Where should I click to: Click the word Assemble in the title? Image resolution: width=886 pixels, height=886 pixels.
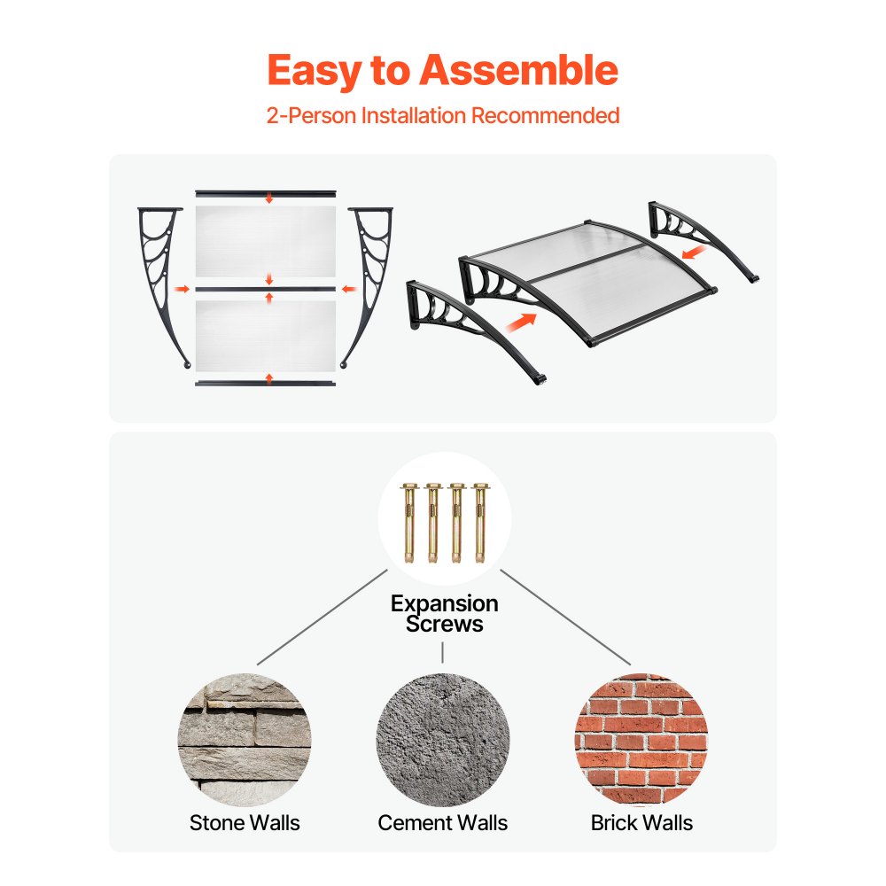click(518, 71)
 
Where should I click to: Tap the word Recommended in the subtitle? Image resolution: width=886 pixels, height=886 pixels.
click(545, 115)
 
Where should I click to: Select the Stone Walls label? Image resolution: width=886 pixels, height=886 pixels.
click(245, 823)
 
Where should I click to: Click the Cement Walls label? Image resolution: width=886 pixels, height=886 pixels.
click(442, 823)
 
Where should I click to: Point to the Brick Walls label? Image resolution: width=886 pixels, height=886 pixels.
click(641, 823)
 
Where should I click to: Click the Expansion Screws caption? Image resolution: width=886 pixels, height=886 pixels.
click(444, 614)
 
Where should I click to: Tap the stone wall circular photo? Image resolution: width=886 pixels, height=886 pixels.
click(245, 740)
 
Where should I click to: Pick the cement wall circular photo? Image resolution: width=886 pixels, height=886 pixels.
click(443, 740)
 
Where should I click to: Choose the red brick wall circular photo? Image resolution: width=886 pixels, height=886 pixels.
click(641, 740)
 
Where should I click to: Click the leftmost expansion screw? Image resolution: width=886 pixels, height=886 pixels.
click(409, 523)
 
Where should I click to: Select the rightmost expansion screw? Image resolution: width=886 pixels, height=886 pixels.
click(480, 523)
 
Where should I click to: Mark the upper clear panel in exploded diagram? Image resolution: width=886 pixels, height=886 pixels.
click(266, 241)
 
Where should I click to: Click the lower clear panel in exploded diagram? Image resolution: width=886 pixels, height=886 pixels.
click(266, 336)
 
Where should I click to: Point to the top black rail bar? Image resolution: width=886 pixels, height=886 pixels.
click(266, 194)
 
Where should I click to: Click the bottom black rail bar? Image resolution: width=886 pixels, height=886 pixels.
click(266, 384)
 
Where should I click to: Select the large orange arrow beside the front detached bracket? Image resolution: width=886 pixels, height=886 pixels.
click(520, 323)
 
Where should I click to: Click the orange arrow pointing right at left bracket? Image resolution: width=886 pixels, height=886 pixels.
click(182, 290)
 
